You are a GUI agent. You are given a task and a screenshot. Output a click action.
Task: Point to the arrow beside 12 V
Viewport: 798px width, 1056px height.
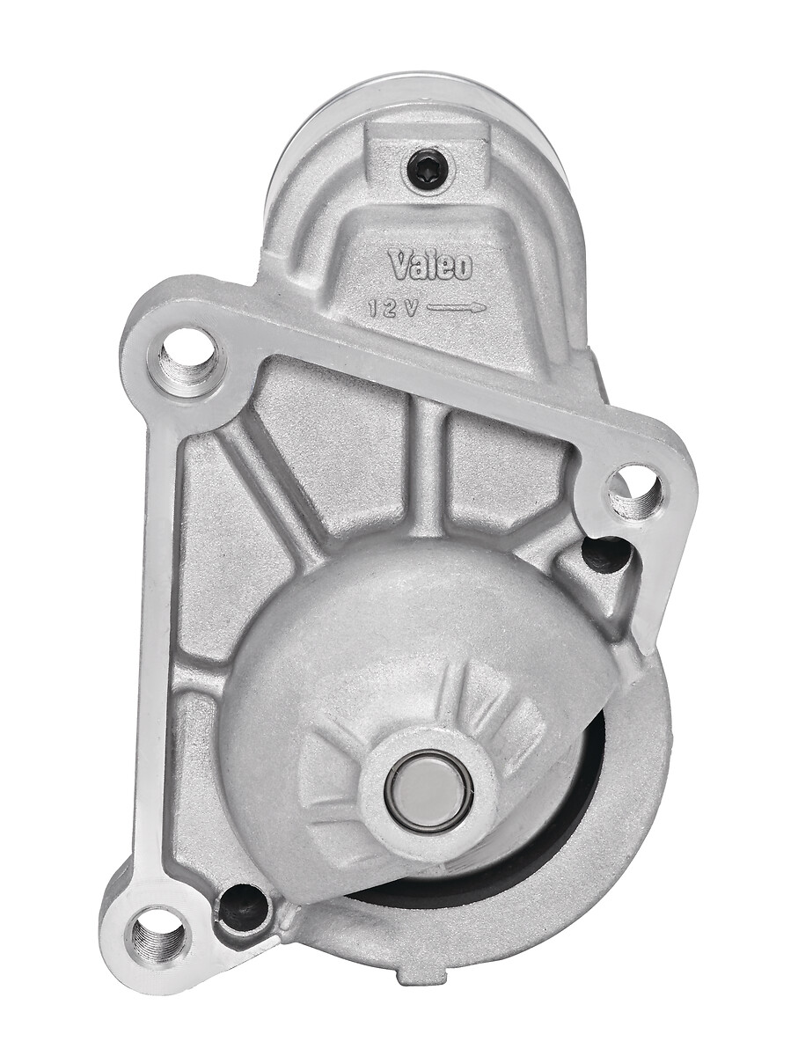point(457,307)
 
